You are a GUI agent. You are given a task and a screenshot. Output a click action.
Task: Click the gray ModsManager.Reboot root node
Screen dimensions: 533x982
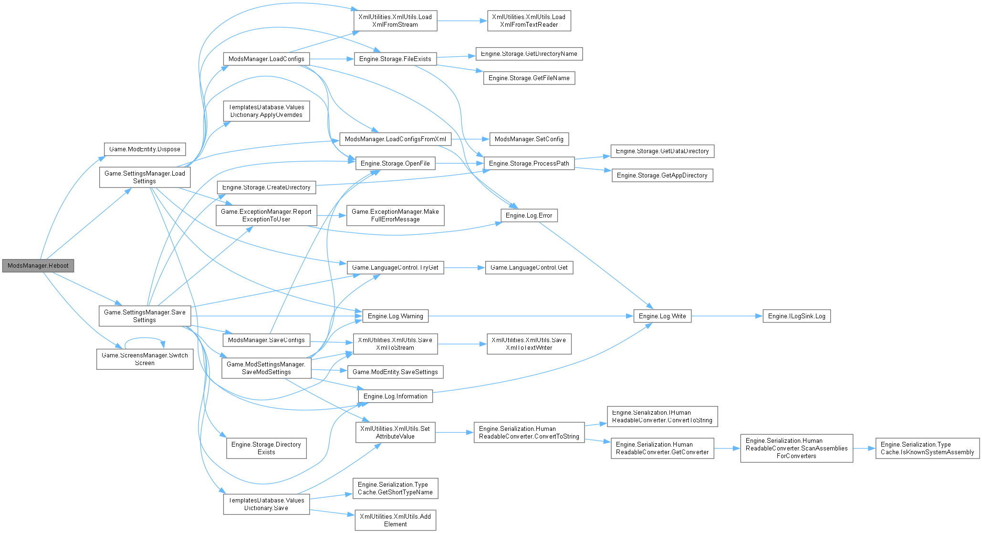pyautogui.click(x=38, y=266)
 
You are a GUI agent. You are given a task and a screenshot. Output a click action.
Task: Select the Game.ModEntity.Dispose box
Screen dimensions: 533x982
pyautogui.click(x=145, y=149)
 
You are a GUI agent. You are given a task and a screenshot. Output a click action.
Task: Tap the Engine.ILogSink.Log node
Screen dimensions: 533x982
pyautogui.click(x=796, y=316)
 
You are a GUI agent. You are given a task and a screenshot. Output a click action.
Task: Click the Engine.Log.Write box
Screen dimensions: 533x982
pyautogui.click(x=662, y=316)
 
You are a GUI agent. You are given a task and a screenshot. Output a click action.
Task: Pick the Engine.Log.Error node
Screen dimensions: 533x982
pyautogui.click(x=529, y=216)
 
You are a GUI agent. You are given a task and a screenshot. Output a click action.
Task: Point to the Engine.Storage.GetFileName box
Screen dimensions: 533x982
pyautogui.click(x=529, y=78)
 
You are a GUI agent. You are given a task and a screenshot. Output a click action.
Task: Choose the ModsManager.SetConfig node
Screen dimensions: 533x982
pyautogui.click(x=529, y=139)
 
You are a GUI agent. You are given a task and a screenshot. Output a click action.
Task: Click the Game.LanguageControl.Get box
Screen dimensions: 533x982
pyautogui.click(x=529, y=268)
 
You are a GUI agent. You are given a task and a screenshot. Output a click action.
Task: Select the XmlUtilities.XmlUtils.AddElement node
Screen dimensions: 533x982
pyautogui.click(x=395, y=520)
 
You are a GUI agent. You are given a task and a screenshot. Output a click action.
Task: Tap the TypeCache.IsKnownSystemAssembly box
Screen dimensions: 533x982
pyautogui.click(x=927, y=449)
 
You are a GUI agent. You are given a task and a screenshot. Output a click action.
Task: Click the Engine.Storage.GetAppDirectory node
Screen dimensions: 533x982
pyautogui.click(x=662, y=176)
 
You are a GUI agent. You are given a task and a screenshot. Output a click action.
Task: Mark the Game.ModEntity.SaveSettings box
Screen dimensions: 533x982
pyautogui.click(x=395, y=372)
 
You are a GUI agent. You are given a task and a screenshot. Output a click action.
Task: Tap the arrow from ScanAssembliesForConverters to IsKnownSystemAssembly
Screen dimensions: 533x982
pyautogui.click(x=864, y=449)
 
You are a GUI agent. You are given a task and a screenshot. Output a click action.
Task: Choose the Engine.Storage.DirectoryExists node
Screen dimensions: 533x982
pyautogui.click(x=266, y=449)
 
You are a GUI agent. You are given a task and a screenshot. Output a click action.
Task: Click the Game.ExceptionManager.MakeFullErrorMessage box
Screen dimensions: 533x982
pyautogui.click(x=395, y=216)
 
